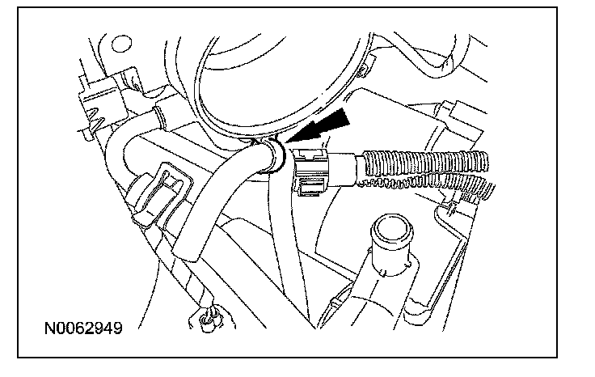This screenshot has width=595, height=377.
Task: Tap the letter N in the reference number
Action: click(x=49, y=330)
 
